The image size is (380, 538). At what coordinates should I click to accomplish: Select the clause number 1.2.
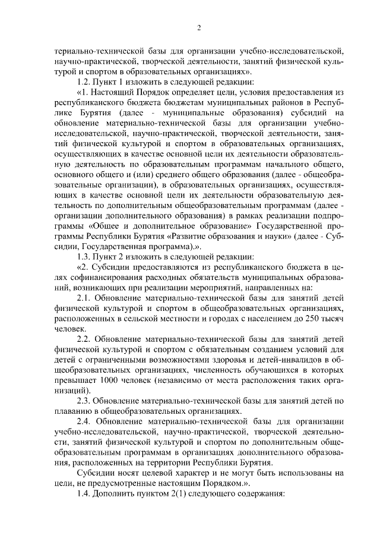(x=85, y=82)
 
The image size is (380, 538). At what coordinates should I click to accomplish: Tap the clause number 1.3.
(x=85, y=257)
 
